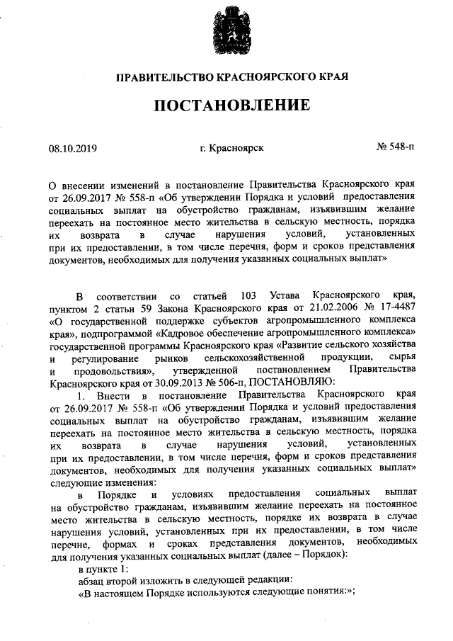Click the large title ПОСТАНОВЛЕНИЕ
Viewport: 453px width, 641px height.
coord(233,106)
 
